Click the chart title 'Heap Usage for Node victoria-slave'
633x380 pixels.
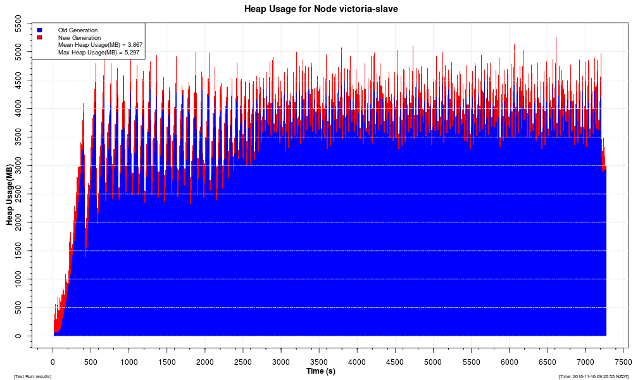click(321, 9)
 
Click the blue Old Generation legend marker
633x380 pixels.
click(39, 30)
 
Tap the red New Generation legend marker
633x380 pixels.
click(39, 37)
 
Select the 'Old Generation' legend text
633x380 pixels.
click(78, 30)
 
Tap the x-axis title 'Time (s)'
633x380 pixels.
click(321, 370)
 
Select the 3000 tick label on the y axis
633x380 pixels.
click(22, 165)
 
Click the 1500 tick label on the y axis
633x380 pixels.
click(22, 251)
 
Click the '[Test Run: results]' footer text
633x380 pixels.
click(32, 376)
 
